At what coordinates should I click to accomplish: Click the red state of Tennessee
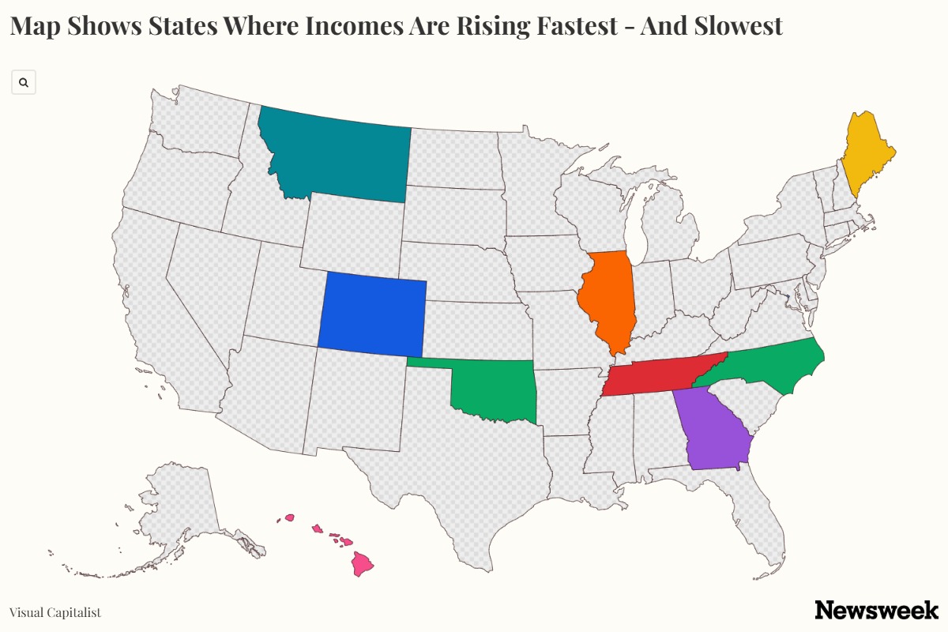656,378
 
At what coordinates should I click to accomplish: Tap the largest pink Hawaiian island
363,565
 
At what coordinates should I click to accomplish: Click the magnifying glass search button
24,82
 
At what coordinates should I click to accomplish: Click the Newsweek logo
876,610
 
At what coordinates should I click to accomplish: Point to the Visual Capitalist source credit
55,612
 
